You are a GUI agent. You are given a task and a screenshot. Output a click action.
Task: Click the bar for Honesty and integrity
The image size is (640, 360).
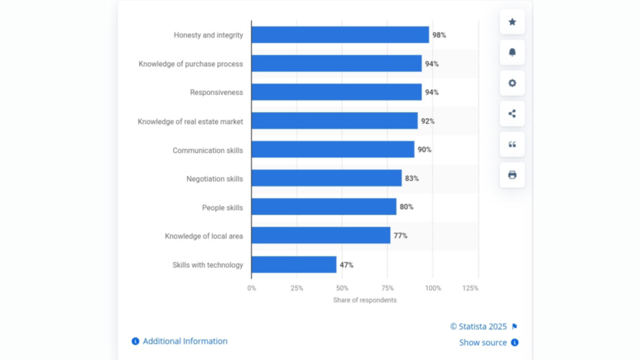[x=340, y=35]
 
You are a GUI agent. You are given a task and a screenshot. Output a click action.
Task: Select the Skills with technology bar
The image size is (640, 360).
[x=294, y=265]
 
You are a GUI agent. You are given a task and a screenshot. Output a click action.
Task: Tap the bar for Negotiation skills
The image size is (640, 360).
[x=326, y=179]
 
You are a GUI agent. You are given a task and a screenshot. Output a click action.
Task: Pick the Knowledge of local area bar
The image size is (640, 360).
[x=321, y=236]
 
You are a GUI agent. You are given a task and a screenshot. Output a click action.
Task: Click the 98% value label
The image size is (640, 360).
[x=439, y=36]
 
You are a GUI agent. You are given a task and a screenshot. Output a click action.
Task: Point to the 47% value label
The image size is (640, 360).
[x=346, y=265]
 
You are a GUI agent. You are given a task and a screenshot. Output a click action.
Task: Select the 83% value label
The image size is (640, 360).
[x=411, y=179]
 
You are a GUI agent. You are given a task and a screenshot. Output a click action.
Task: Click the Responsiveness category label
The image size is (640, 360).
[x=216, y=92]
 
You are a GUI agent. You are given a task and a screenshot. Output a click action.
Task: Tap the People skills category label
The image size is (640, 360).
[x=222, y=207]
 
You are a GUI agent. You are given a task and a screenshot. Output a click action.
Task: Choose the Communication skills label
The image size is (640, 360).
[x=207, y=151]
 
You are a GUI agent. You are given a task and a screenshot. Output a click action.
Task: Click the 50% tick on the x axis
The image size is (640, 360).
[x=342, y=288]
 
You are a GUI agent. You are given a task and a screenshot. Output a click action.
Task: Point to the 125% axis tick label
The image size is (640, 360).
[x=470, y=288]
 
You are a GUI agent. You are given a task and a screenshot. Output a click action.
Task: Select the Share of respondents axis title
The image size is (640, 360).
[x=364, y=300]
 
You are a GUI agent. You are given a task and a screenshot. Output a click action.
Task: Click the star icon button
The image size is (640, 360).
[x=512, y=22]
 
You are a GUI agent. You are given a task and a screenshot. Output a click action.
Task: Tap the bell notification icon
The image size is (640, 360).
[x=512, y=52]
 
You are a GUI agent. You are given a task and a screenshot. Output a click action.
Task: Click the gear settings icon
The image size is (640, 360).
[x=512, y=83]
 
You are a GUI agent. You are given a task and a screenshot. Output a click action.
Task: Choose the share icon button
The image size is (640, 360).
[x=512, y=114]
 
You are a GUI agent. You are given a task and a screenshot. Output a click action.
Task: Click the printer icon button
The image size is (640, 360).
[x=512, y=175]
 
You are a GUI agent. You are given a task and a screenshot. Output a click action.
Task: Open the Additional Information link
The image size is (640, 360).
[x=184, y=341]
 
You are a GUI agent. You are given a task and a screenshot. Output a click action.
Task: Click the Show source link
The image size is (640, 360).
[x=483, y=342]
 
